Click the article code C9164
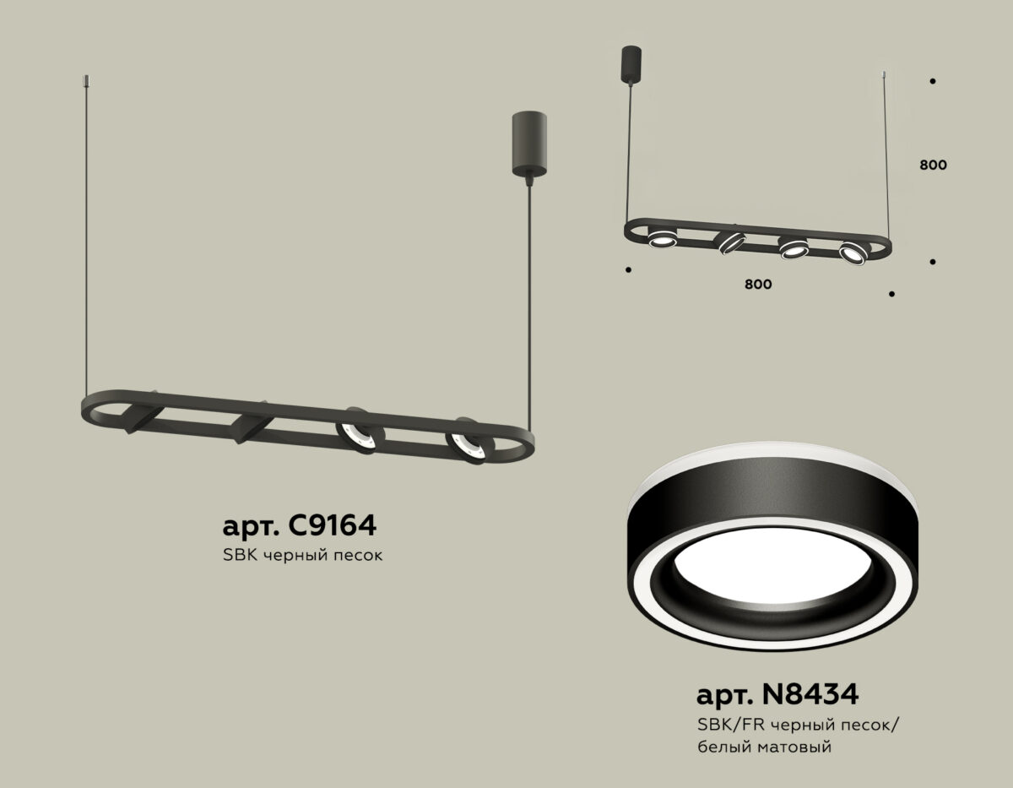tap(333, 525)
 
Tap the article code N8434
tap(810, 694)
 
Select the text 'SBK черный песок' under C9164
tap(302, 556)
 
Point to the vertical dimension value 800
tap(933, 165)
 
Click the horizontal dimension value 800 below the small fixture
tap(758, 284)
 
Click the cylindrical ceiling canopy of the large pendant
tap(529, 144)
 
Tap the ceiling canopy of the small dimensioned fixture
tap(631, 64)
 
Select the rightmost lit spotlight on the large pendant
tap(469, 441)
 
